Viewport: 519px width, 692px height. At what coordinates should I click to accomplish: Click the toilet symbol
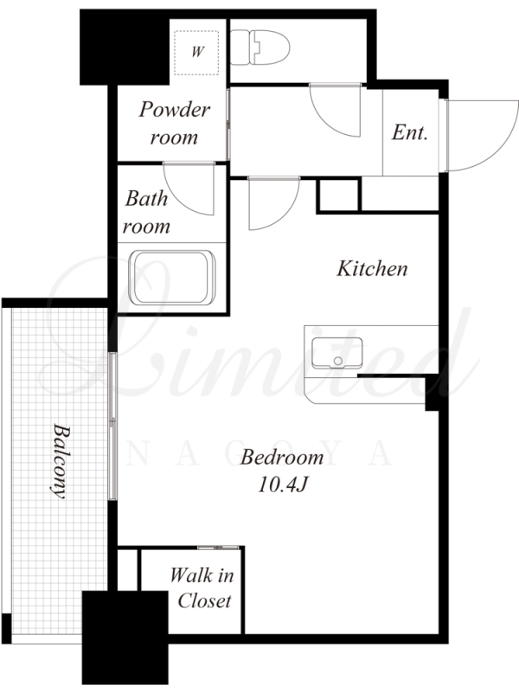(x=260, y=48)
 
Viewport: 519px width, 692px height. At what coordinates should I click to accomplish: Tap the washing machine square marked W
(x=196, y=52)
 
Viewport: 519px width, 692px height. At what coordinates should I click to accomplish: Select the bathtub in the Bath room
(x=172, y=278)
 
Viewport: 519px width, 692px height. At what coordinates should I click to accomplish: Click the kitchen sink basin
(x=336, y=353)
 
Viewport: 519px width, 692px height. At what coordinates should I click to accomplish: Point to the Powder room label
(x=175, y=123)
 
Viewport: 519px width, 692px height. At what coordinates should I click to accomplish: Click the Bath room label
(x=146, y=212)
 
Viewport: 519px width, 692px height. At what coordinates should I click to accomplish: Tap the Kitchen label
(x=372, y=268)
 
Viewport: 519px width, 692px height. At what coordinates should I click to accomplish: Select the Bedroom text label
(x=282, y=458)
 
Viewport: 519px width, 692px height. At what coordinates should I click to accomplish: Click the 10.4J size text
(x=282, y=485)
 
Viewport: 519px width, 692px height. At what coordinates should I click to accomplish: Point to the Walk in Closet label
(x=202, y=588)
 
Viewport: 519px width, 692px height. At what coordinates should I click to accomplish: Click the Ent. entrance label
(x=410, y=132)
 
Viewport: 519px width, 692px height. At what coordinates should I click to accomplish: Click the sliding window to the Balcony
(x=112, y=426)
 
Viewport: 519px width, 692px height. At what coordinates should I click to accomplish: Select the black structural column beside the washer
(x=125, y=48)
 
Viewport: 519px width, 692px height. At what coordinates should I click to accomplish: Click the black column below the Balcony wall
(x=125, y=638)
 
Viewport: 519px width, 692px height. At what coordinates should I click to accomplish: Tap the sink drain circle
(x=338, y=361)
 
